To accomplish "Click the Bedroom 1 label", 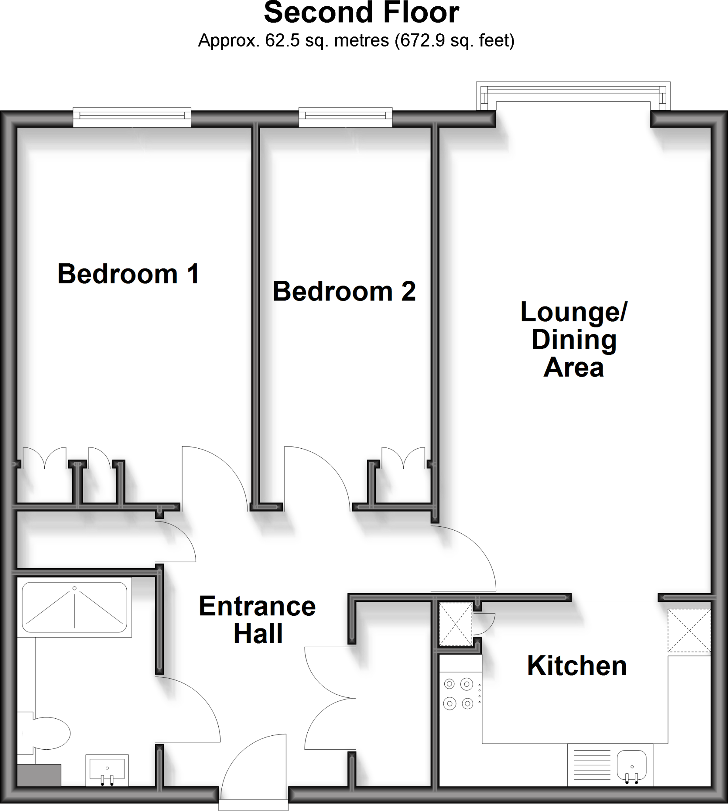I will (x=128, y=274).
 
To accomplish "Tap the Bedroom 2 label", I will (x=344, y=291).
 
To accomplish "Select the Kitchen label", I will (x=576, y=666).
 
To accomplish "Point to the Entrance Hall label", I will (x=257, y=619).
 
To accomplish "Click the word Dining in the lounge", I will (x=574, y=340).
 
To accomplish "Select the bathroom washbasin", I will (x=107, y=770).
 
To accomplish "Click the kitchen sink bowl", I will (x=632, y=765).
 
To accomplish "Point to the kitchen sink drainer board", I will (x=593, y=765).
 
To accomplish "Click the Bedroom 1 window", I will (x=131, y=116).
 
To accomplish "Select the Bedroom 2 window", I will (x=345, y=116).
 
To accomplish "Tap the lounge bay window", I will (x=573, y=96).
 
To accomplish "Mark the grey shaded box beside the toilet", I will (x=39, y=775).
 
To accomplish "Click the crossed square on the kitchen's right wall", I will (x=689, y=631).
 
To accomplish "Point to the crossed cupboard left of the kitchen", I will (x=455, y=624).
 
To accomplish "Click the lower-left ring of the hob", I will (x=450, y=703).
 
